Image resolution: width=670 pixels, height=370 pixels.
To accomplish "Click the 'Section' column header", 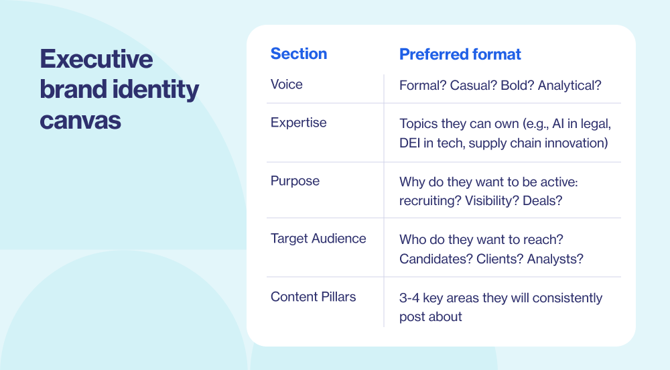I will click(x=299, y=54).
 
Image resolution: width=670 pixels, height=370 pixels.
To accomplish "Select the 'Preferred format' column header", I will click(x=460, y=54).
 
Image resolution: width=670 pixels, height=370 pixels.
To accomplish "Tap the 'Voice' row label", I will click(x=287, y=84).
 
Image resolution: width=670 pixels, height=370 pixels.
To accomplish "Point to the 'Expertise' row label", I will click(x=299, y=123).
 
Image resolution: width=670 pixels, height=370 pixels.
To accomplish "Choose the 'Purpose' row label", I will click(x=295, y=181).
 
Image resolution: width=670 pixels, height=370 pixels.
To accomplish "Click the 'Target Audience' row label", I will click(x=318, y=239).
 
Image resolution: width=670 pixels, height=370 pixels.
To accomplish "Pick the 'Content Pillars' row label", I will click(x=313, y=297).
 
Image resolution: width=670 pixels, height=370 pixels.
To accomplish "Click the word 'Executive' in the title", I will click(x=96, y=60).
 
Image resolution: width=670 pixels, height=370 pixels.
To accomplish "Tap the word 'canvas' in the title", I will click(x=80, y=120).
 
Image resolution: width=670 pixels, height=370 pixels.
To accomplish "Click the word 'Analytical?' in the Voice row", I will click(x=569, y=85).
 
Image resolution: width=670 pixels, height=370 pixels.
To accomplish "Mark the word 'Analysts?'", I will click(x=555, y=259).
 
